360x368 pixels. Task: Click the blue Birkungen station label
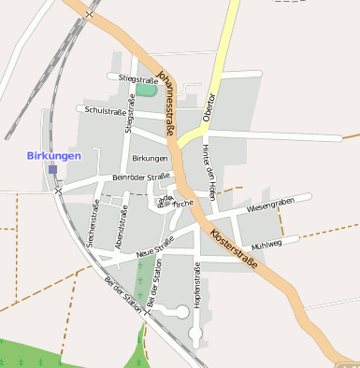click(x=54, y=155)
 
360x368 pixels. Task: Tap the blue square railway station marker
click(x=53, y=170)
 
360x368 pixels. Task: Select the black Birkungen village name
click(x=150, y=159)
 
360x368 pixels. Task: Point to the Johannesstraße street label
click(x=166, y=103)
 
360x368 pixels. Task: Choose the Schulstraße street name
click(x=105, y=111)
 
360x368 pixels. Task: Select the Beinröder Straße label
click(x=140, y=176)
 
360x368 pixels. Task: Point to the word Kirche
click(x=183, y=203)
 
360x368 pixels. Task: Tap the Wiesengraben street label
click(x=270, y=205)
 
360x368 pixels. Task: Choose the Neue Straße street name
click(x=155, y=248)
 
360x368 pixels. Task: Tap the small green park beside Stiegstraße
click(x=147, y=91)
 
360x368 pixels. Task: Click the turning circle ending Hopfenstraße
click(x=195, y=332)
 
